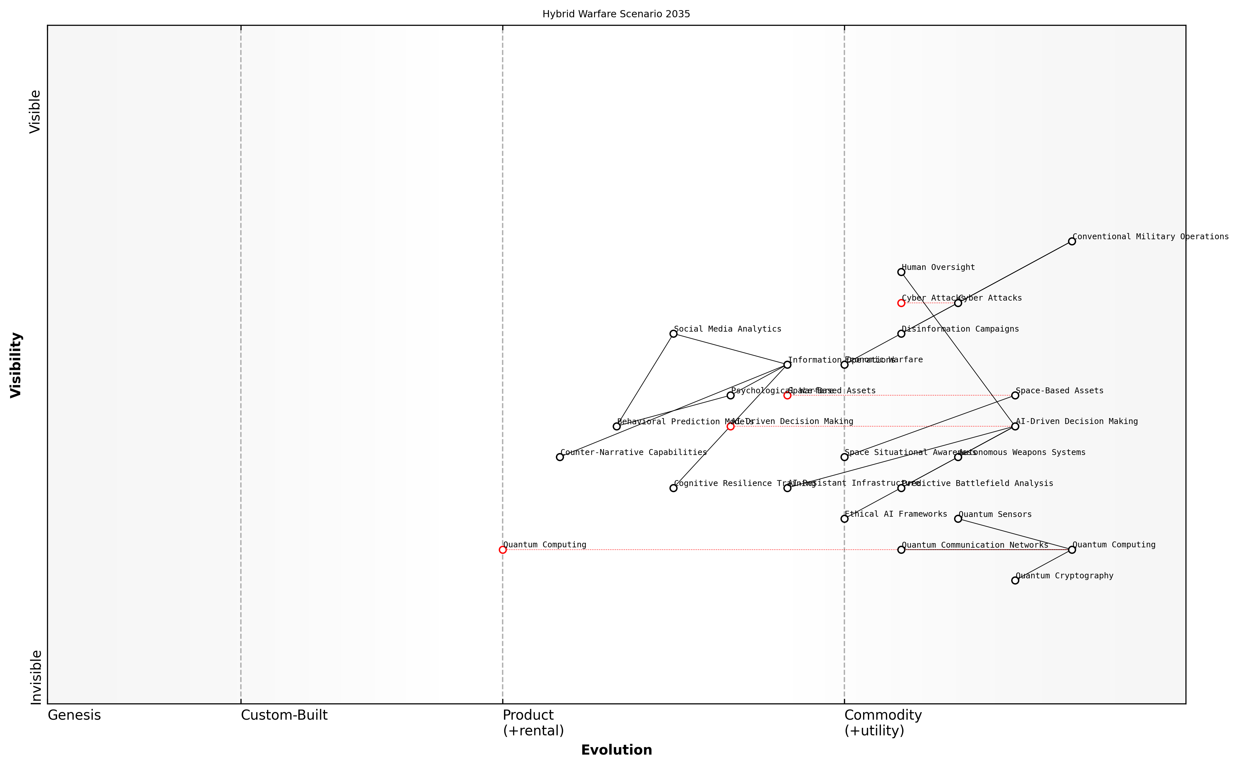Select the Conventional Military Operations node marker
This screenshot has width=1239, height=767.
click(1072, 242)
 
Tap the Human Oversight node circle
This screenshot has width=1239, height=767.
click(901, 273)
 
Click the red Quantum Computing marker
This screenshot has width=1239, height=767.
click(503, 550)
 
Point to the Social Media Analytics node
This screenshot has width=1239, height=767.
click(673, 334)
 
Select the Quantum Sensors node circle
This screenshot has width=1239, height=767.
click(958, 519)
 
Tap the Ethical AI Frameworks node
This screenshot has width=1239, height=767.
click(844, 519)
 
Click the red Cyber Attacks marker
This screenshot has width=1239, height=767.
click(901, 303)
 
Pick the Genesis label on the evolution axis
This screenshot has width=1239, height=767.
click(74, 715)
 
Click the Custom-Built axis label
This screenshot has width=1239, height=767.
click(284, 715)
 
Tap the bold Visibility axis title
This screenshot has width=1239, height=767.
click(16, 365)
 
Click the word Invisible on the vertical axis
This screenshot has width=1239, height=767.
click(36, 678)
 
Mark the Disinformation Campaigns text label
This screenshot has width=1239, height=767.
click(960, 329)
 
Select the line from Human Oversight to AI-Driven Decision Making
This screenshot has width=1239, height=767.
click(958, 349)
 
